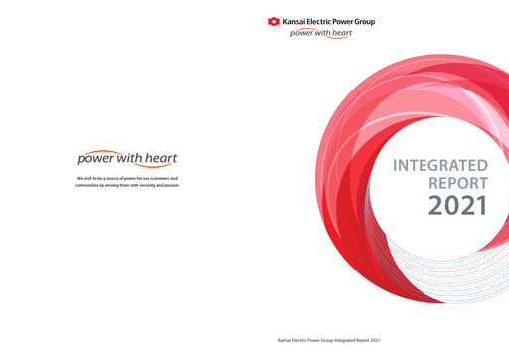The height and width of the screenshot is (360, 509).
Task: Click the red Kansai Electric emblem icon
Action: [274, 21]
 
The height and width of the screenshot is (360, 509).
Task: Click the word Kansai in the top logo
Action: [295, 21]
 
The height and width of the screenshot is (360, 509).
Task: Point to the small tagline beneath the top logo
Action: [320, 32]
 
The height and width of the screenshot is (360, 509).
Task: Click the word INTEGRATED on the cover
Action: [440, 165]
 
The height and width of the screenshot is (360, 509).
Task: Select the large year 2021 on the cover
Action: [457, 206]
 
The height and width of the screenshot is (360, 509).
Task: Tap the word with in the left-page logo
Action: [129, 158]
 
